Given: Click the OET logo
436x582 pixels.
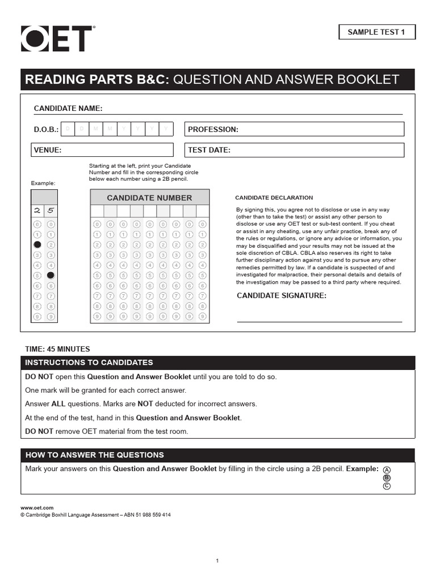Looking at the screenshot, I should (x=56, y=39).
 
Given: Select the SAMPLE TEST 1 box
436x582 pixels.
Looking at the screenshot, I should (x=376, y=32).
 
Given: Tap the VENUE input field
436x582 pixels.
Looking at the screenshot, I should (x=102, y=150).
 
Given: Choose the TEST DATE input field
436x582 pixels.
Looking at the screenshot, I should (x=295, y=150).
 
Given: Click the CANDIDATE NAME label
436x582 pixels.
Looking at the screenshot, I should (x=68, y=109).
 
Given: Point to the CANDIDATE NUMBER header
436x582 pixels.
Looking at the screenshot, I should (x=149, y=198).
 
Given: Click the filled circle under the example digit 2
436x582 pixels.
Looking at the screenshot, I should (x=37, y=244).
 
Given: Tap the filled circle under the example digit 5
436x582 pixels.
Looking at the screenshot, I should (x=51, y=275).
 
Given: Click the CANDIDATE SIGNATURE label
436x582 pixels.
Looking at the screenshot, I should (x=281, y=296).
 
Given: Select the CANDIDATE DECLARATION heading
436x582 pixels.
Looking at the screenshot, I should (x=274, y=198).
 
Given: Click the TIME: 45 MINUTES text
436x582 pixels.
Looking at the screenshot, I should (x=57, y=349).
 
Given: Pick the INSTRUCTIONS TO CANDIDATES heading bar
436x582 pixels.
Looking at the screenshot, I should (x=218, y=363).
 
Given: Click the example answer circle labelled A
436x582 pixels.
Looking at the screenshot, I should (x=387, y=470).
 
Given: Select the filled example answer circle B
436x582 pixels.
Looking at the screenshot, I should (x=387, y=478).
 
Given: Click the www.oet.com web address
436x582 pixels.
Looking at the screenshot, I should (x=37, y=508).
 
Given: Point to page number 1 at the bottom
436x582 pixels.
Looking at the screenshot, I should (x=217, y=561).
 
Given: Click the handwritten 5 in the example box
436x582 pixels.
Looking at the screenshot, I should (x=51, y=210).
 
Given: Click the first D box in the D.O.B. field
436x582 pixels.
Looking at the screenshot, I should (x=68, y=130).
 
